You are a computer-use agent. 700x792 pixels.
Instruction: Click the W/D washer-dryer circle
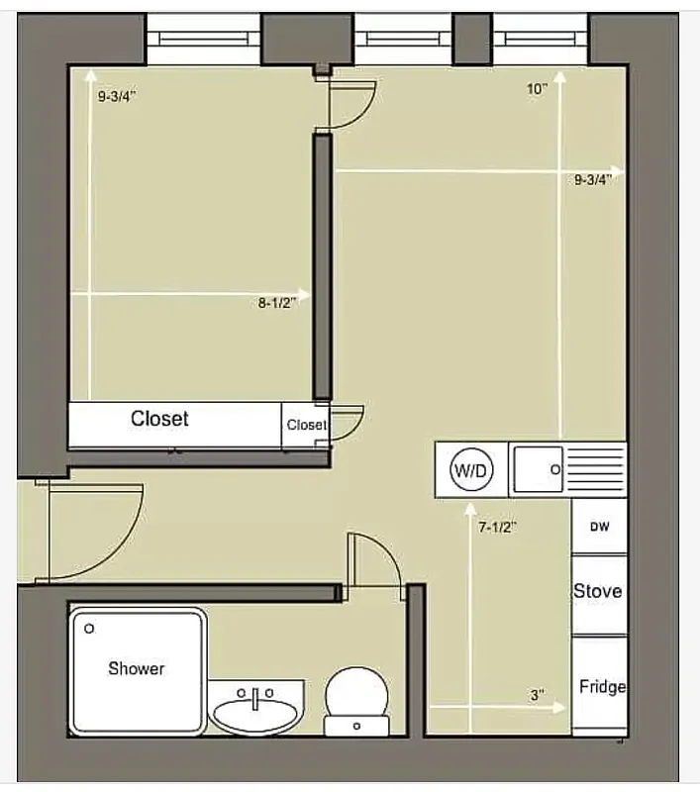click(x=470, y=469)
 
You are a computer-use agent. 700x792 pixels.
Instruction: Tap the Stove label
click(x=597, y=591)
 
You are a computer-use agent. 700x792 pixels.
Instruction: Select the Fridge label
click(x=602, y=686)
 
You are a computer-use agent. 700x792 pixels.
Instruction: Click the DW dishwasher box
click(x=600, y=527)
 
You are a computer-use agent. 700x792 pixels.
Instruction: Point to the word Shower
click(x=137, y=668)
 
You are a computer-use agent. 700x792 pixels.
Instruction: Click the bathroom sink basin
click(x=255, y=711)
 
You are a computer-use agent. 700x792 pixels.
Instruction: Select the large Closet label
click(x=159, y=419)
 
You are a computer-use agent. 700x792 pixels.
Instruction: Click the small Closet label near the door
click(x=306, y=425)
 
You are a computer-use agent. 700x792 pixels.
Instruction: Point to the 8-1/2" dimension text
click(x=277, y=304)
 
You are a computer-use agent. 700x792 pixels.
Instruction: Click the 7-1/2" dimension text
click(x=498, y=528)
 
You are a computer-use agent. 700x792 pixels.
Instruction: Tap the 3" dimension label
click(x=538, y=696)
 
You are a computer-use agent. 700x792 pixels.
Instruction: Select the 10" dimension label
click(x=537, y=89)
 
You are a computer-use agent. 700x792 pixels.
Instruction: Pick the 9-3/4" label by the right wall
click(x=598, y=179)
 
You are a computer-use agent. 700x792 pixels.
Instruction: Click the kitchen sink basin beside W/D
click(x=538, y=468)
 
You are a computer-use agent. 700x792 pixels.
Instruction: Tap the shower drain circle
click(x=89, y=628)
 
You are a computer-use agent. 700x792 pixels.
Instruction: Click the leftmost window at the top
click(x=203, y=39)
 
